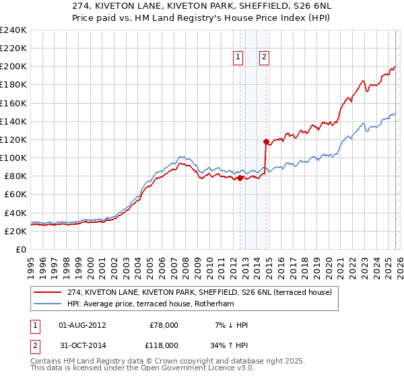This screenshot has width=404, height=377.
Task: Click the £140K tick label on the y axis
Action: [x=13, y=121]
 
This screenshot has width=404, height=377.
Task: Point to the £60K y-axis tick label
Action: [x=15, y=195]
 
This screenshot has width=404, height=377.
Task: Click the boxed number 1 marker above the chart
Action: [x=239, y=58]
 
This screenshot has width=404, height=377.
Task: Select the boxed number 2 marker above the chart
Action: [x=264, y=58]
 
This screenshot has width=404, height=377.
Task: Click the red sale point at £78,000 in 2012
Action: [x=240, y=178]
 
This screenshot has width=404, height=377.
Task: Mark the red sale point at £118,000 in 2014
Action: [x=267, y=141]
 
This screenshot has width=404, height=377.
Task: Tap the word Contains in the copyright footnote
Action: [x=47, y=361]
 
